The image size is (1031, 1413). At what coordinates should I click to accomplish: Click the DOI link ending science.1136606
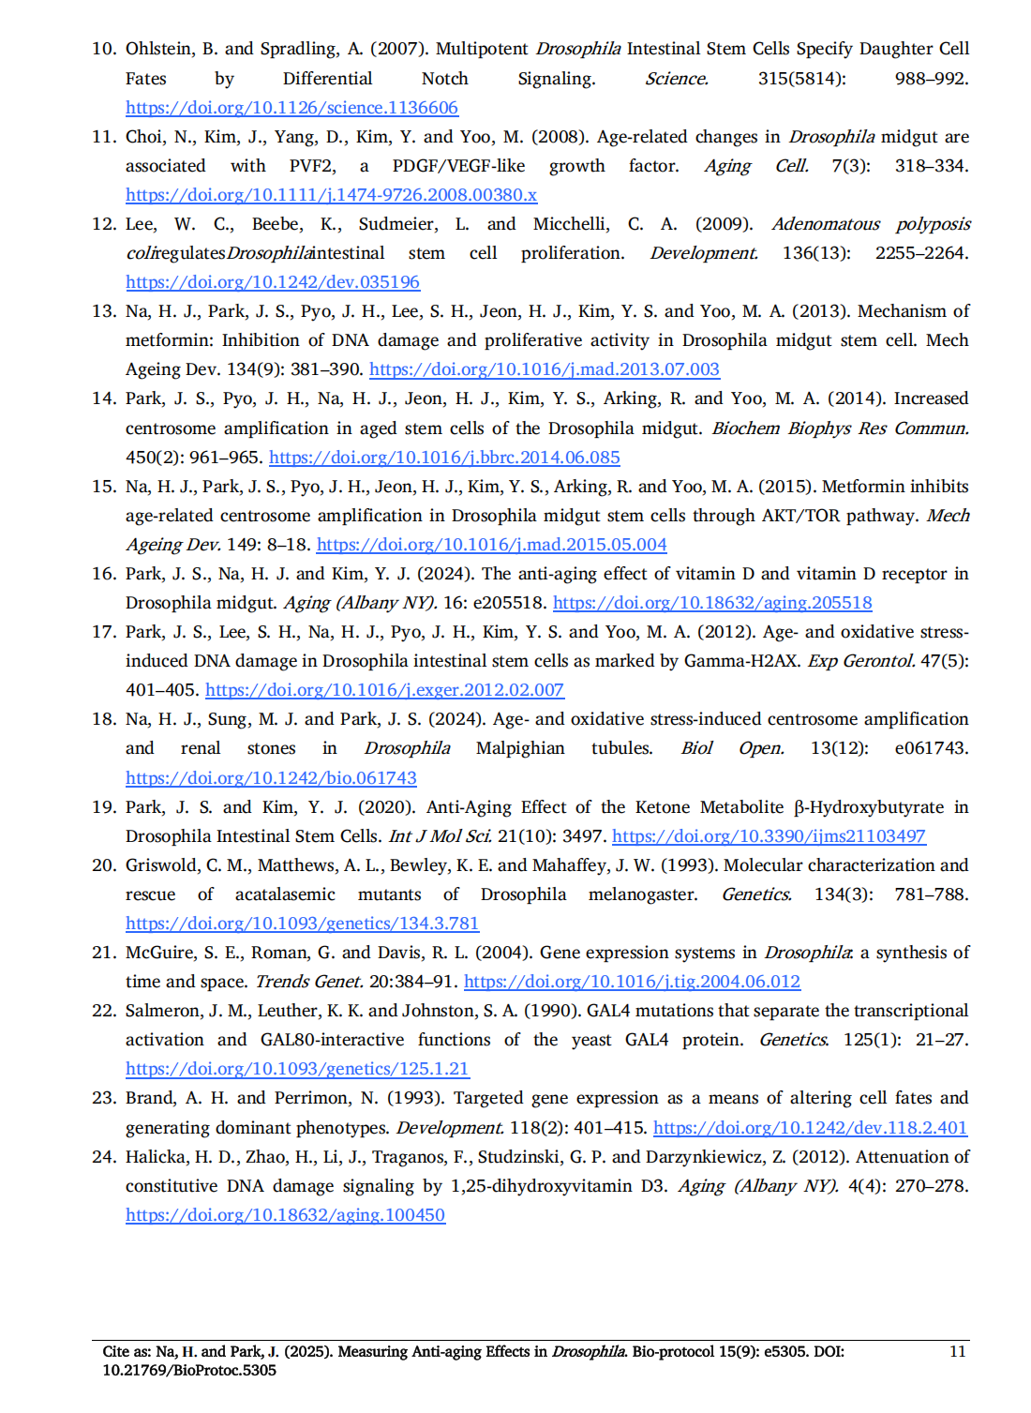click(291, 108)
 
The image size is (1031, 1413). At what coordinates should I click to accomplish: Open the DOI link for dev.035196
click(273, 282)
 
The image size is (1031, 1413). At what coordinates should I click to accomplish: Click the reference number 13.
click(103, 311)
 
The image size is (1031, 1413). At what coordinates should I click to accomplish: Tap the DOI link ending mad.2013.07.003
click(544, 369)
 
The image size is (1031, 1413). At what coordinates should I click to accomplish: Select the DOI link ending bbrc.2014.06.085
click(444, 458)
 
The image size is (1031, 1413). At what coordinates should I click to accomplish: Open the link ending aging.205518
click(712, 603)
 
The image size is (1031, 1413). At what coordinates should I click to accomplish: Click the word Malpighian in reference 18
click(520, 748)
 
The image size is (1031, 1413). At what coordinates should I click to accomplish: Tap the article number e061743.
click(931, 748)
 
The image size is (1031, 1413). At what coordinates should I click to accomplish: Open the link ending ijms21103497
click(769, 836)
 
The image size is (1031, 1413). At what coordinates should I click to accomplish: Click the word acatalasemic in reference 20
click(285, 894)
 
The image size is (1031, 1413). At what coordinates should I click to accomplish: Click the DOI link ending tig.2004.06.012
click(632, 982)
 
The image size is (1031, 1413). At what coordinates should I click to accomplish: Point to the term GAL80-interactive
click(332, 1040)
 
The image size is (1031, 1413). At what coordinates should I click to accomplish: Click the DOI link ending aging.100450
click(285, 1215)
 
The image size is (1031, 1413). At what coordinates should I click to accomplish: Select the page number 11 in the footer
click(957, 1351)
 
